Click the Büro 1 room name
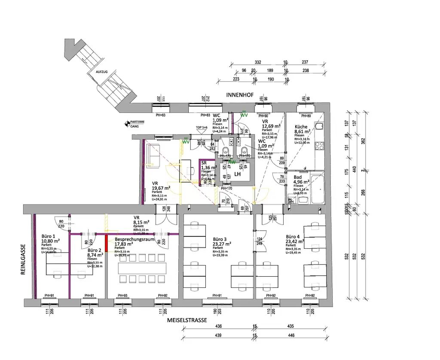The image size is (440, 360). click(48, 237)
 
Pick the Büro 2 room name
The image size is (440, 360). click(94, 250)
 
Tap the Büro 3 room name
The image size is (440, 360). click(220, 239)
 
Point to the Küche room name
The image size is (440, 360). click(301, 127)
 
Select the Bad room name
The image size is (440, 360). click(297, 177)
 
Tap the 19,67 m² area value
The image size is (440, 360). click(161, 188)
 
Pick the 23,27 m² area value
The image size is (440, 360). click(222, 244)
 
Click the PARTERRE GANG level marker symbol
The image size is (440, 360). click(126, 124)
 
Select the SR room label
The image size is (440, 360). click(204, 163)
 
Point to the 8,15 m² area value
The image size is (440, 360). click(142, 223)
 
